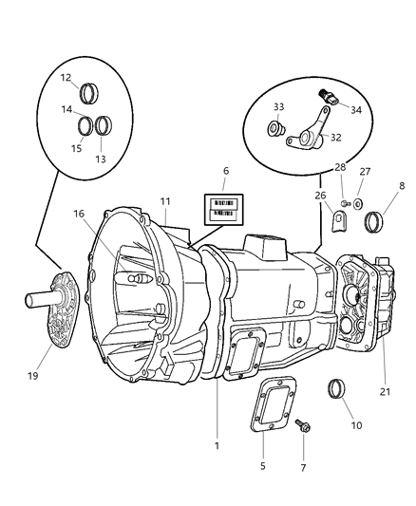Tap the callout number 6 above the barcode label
click(x=225, y=171)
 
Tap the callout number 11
click(x=166, y=202)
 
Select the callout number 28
click(x=341, y=168)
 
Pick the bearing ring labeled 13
click(x=104, y=124)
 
